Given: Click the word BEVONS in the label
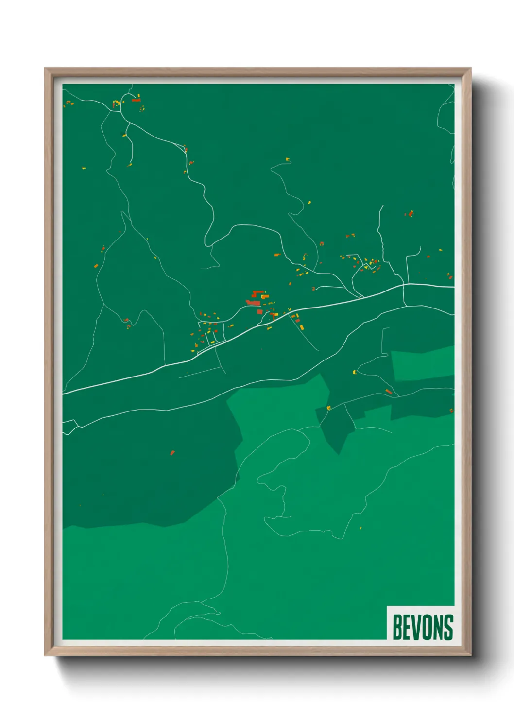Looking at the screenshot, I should coord(422,627).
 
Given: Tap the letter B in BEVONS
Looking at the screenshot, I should coord(396,627).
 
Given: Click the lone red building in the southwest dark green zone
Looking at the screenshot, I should coord(172,453).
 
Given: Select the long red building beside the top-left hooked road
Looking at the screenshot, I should coord(136,100).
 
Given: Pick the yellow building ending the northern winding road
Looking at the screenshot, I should coord(288,159).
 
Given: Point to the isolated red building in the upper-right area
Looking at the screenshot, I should coord(411,213).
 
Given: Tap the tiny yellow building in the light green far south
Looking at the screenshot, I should coord(360,527).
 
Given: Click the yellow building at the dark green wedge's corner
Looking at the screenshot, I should coord(329,408).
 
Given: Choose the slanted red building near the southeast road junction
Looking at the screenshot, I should coord(388,391).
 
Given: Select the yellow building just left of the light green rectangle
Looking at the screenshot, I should coord(354,372).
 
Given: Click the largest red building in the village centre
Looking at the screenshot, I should coord(253,303).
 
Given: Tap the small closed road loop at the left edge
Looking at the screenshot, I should coord(69,426).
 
